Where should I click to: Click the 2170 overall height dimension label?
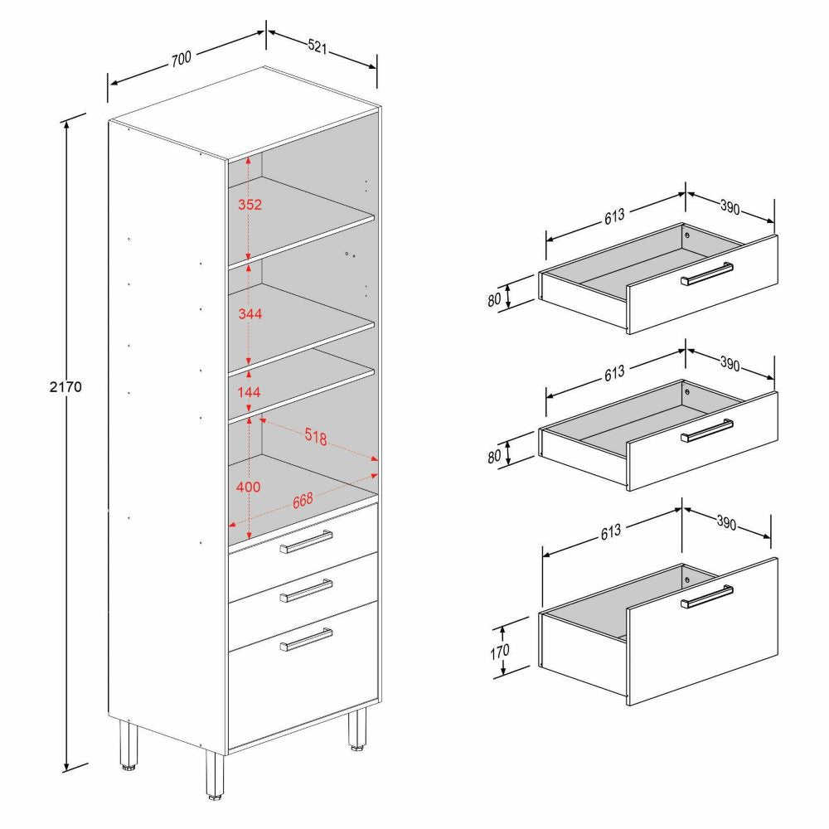pyautogui.click(x=65, y=386)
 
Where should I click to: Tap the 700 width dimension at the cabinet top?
pyautogui.click(x=181, y=58)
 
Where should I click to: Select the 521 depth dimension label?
pyautogui.click(x=318, y=46)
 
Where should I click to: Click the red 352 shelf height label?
pyautogui.click(x=250, y=205)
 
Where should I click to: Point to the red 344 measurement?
pyautogui.click(x=250, y=314)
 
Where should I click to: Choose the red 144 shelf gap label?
pyautogui.click(x=249, y=392)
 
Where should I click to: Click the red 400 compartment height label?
pyautogui.click(x=248, y=487)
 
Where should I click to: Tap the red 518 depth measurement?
pyautogui.click(x=316, y=436)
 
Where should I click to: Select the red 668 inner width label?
pyautogui.click(x=303, y=500)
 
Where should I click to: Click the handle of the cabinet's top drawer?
pyautogui.click(x=306, y=542)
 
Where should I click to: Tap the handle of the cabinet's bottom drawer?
pyautogui.click(x=306, y=639)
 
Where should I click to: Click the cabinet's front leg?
pyautogui.click(x=215, y=774)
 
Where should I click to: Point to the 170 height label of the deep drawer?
pyautogui.click(x=499, y=652)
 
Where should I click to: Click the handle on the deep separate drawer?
pyautogui.click(x=707, y=597)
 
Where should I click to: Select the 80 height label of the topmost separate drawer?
pyautogui.click(x=494, y=300)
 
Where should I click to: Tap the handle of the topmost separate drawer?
pyautogui.click(x=707, y=274)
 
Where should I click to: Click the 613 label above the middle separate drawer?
pyautogui.click(x=614, y=373)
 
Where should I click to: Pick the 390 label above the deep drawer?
pyautogui.click(x=726, y=522)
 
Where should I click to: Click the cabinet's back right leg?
pyautogui.click(x=357, y=730)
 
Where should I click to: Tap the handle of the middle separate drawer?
pyautogui.click(x=707, y=431)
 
